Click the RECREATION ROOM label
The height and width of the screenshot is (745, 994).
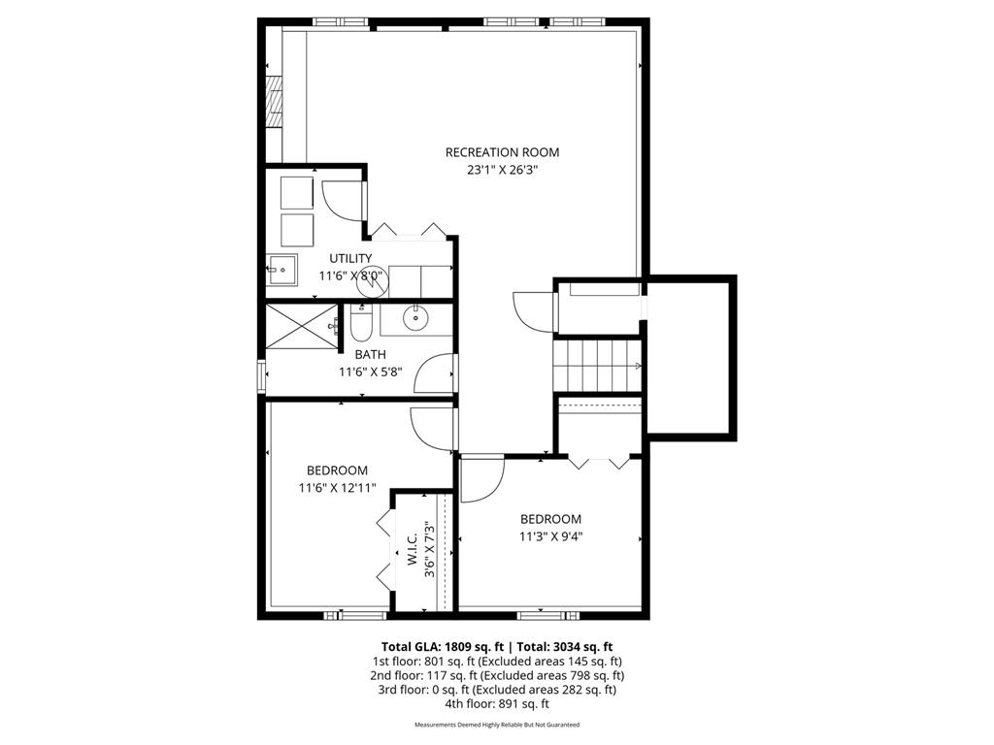tap(502, 152)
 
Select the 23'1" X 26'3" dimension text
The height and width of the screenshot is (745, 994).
tap(502, 170)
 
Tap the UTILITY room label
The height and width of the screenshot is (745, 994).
tap(350, 258)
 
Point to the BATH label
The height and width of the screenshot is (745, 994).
tap(356, 355)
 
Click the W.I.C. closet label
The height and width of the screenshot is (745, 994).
tap(413, 549)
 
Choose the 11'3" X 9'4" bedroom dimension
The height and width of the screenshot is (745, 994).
tap(550, 535)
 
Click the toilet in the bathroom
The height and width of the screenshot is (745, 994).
tap(360, 323)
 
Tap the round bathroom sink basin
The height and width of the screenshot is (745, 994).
tap(416, 316)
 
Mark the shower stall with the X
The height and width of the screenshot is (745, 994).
tap(302, 325)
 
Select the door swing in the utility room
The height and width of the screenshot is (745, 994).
tap(341, 200)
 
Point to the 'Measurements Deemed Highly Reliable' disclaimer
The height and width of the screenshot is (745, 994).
tap(496, 726)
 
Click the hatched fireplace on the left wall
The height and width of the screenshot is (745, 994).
tap(274, 100)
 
